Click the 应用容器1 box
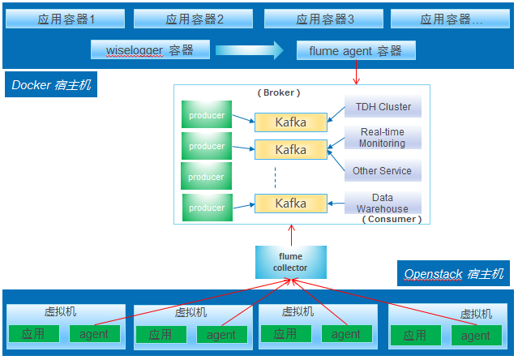(66, 19)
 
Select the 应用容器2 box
(195, 19)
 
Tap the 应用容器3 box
(325, 19)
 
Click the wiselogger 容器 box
(150, 50)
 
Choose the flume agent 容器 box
(356, 51)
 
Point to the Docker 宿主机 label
(50, 84)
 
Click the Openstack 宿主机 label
(456, 274)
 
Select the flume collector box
(290, 262)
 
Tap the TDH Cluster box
(383, 107)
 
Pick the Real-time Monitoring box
(383, 138)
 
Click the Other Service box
(383, 171)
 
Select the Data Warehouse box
(383, 203)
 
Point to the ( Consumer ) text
(392, 219)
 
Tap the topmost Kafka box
(291, 122)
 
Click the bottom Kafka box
(291, 203)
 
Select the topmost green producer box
(207, 115)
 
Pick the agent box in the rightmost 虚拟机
(476, 335)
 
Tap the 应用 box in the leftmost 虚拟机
(33, 333)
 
